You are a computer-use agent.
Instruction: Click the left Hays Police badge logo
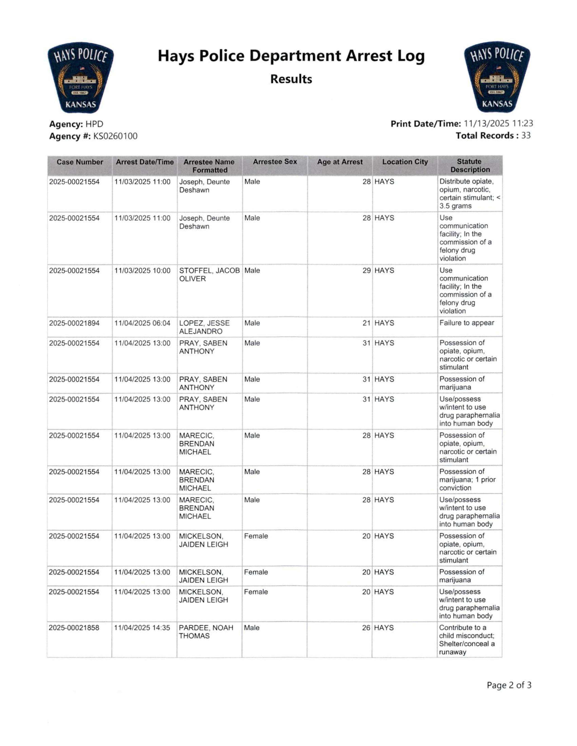tap(80, 78)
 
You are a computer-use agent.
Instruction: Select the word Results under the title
tap(291, 79)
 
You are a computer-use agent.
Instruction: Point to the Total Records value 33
tap(526, 136)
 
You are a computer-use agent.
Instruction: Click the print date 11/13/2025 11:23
tap(499, 124)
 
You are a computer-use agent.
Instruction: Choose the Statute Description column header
tap(470, 166)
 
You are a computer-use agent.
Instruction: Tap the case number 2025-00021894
tap(74, 323)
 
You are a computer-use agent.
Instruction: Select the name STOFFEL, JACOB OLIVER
tap(209, 275)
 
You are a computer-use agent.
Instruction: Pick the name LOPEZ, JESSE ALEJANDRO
tap(204, 327)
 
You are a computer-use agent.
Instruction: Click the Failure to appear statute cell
tap(466, 323)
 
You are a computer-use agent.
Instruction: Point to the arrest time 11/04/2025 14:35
tap(142, 628)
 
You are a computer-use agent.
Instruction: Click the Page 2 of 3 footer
tap(509, 685)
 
